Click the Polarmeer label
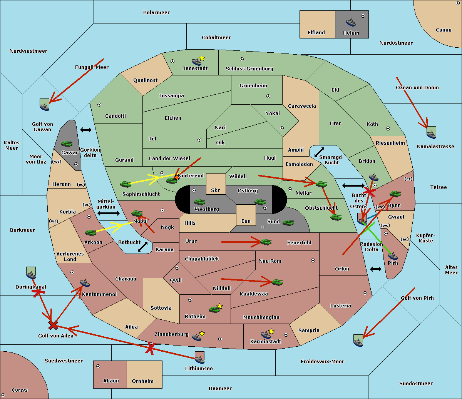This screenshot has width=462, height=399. click(156, 13)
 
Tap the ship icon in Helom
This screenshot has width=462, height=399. click(350, 22)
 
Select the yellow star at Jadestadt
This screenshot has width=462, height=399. click(202, 58)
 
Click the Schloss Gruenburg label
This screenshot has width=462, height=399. click(249, 69)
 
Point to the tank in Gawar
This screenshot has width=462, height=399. click(67, 144)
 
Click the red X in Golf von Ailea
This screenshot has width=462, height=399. click(53, 326)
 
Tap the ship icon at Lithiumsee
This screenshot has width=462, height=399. click(199, 359)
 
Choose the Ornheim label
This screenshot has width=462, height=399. click(142, 381)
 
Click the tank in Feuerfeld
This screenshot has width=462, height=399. click(266, 242)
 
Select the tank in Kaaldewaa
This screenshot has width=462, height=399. click(277, 282)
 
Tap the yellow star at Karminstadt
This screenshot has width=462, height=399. click(271, 331)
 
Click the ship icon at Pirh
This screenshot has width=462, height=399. click(393, 256)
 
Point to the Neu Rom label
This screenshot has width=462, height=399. click(270, 261)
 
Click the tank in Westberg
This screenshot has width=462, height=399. click(199, 202)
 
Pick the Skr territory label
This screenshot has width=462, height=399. click(216, 190)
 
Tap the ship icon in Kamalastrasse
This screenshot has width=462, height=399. click(432, 134)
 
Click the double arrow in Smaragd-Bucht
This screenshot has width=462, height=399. click(319, 152)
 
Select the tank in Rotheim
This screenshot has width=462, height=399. click(214, 309)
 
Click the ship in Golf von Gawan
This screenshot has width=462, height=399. click(45, 106)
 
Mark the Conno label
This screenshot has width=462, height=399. click(444, 30)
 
